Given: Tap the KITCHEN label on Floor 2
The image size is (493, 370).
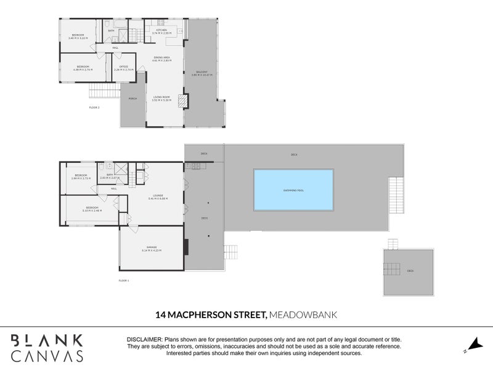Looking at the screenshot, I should [x=162, y=30].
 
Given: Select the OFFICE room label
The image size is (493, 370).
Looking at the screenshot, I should [x=123, y=67].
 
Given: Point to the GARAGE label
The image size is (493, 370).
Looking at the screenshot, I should [x=151, y=247].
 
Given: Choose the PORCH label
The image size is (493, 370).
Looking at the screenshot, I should [x=132, y=98].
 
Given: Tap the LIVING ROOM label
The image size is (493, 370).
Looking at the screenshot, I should [x=162, y=97].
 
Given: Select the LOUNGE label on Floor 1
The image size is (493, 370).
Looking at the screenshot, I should [x=158, y=195].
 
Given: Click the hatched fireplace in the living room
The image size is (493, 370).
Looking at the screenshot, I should [x=182, y=101].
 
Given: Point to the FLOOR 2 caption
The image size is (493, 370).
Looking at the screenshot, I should [x=94, y=107].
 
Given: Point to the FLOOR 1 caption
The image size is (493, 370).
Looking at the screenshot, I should [x=123, y=281].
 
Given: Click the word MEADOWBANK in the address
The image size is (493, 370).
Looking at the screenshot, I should [x=302, y=315].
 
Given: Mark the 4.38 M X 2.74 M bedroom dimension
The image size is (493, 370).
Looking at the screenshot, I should [x=84, y=70].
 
